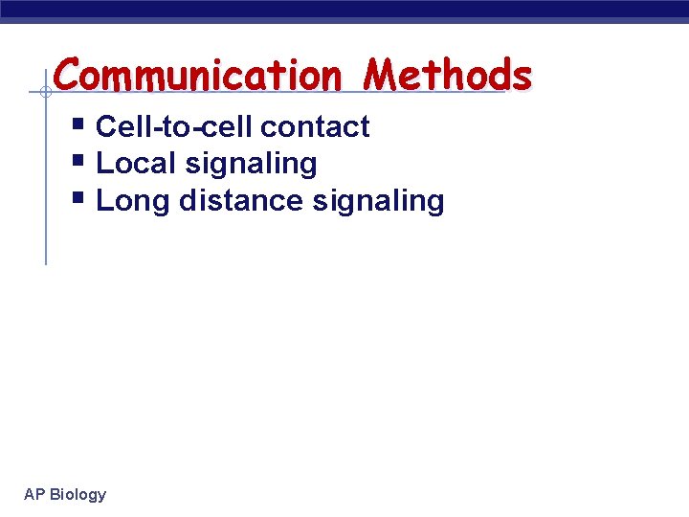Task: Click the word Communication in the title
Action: pyautogui.click(x=197, y=75)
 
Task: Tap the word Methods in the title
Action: pyautogui.click(x=448, y=75)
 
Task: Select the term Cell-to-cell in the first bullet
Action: pyautogui.click(x=174, y=126)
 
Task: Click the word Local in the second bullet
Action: pyautogui.click(x=137, y=164)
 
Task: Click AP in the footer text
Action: pyautogui.click(x=33, y=494)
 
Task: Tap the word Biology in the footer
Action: pyautogui.click(x=78, y=494)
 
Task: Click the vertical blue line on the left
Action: pyautogui.click(x=45, y=191)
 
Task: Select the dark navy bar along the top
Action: pyautogui.click(x=344, y=10)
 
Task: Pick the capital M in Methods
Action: pyautogui.click(x=386, y=75)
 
